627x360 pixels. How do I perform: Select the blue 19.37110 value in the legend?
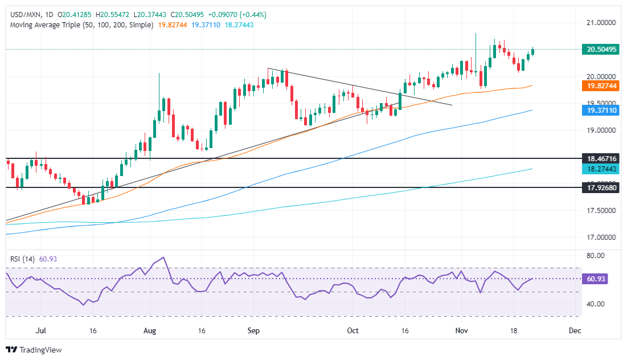coord(206,26)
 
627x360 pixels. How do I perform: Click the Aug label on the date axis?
coord(150,330)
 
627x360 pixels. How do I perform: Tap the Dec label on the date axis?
coord(575,330)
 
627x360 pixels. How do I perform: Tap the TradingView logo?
coord(34,350)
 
